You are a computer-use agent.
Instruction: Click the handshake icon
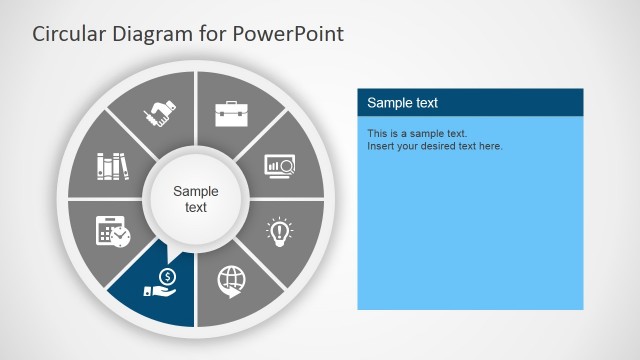(159, 113)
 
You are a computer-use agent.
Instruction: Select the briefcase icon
(231, 112)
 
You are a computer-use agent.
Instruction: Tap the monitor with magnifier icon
(279, 164)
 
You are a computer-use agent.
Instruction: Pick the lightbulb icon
(279, 232)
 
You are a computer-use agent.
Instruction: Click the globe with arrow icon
(231, 281)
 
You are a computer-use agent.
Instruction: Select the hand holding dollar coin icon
(160, 283)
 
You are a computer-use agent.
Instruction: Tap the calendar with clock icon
(112, 231)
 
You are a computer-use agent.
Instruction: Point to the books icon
(112, 165)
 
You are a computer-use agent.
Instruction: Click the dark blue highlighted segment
(150, 295)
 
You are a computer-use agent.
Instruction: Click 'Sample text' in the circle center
(196, 199)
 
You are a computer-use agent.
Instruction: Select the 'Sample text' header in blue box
(402, 103)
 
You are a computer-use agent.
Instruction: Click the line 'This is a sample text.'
(417, 133)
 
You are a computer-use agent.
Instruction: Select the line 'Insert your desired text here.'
(435, 146)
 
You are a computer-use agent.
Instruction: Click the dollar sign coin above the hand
(167, 276)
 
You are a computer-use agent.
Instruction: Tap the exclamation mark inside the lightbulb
(279, 230)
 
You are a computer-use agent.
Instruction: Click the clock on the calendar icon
(120, 236)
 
